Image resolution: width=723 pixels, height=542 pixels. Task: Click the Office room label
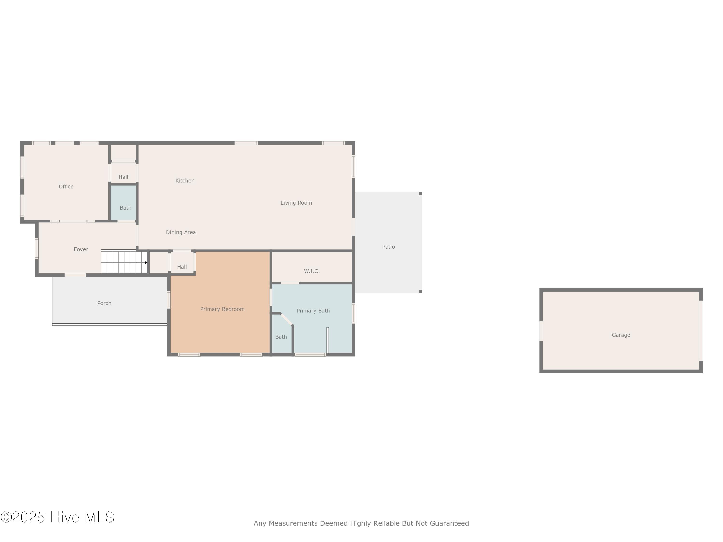[x=66, y=186]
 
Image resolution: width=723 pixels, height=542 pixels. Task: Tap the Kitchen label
[x=185, y=181]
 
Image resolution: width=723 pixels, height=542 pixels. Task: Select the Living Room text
[x=296, y=203]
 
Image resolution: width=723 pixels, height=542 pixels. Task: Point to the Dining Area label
[x=181, y=232]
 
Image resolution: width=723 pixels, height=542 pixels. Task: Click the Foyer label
[x=81, y=250]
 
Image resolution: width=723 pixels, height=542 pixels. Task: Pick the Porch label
[x=104, y=303]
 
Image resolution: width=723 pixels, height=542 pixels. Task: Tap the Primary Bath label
[x=313, y=311]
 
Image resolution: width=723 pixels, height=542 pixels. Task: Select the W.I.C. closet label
[x=312, y=271]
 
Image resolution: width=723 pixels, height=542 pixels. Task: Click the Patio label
[x=389, y=247]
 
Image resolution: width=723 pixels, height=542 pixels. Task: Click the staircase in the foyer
[x=124, y=262]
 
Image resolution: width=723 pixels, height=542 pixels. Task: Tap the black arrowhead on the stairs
[x=146, y=263]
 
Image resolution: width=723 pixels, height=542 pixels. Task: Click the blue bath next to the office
[x=124, y=203]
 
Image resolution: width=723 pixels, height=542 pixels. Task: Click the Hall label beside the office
[x=123, y=177]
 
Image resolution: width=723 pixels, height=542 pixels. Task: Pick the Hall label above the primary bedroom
[x=182, y=267]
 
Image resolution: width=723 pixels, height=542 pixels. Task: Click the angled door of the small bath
[x=287, y=319]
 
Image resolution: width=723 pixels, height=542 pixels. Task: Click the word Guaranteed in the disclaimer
[x=449, y=523]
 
